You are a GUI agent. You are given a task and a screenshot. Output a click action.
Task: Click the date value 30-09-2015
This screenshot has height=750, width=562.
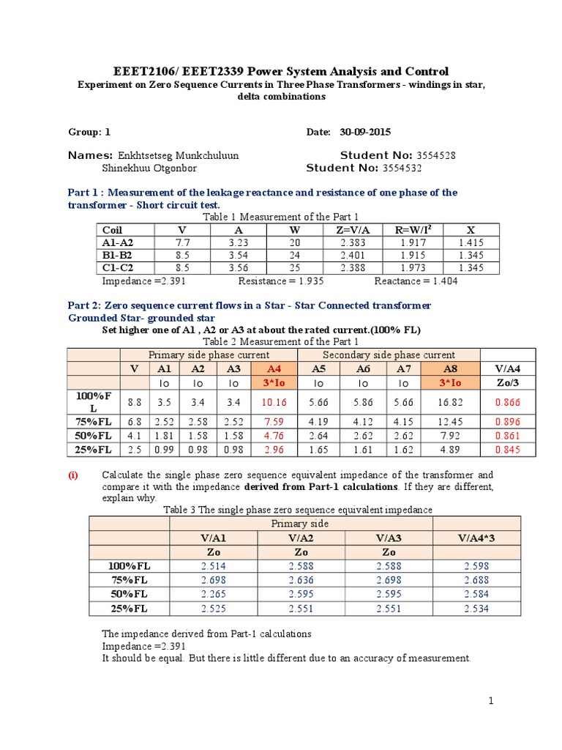click(365, 133)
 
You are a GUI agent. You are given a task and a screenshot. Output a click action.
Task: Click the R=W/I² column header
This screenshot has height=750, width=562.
click(414, 229)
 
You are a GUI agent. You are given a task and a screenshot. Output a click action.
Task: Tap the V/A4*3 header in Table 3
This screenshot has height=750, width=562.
click(476, 538)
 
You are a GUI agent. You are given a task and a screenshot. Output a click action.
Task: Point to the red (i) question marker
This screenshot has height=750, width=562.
click(73, 475)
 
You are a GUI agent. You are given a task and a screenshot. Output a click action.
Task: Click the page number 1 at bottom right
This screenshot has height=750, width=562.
click(492, 702)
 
